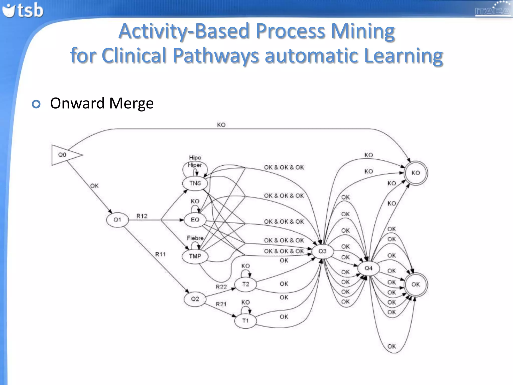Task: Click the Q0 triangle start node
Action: (x=63, y=155)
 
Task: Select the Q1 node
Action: (x=117, y=220)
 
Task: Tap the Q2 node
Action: (x=195, y=299)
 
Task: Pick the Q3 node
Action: (x=322, y=251)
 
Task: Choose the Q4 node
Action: (x=368, y=268)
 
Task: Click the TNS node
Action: (x=195, y=183)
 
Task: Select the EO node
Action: (x=195, y=220)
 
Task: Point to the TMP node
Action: (x=195, y=256)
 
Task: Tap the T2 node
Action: (x=245, y=284)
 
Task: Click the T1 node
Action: (x=245, y=321)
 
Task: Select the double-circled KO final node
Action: (x=416, y=173)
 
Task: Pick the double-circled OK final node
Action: (x=416, y=284)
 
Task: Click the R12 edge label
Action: (x=142, y=216)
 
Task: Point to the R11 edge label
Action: (x=160, y=254)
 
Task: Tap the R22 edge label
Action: (x=221, y=287)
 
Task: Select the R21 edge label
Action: (x=221, y=304)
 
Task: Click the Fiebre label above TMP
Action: (x=195, y=238)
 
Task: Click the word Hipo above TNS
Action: (x=195, y=157)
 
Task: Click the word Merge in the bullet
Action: (x=131, y=103)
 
